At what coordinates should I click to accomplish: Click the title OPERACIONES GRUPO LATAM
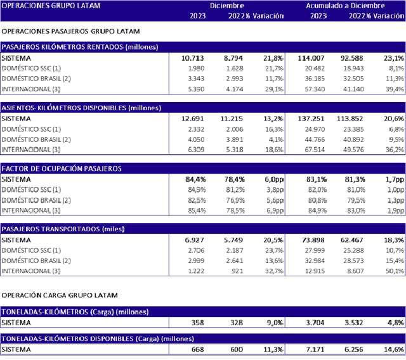[43, 5]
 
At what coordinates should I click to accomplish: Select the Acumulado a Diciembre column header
[345, 5]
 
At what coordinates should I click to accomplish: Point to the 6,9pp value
[270, 210]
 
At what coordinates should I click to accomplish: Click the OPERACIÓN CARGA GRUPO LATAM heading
[60, 295]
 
